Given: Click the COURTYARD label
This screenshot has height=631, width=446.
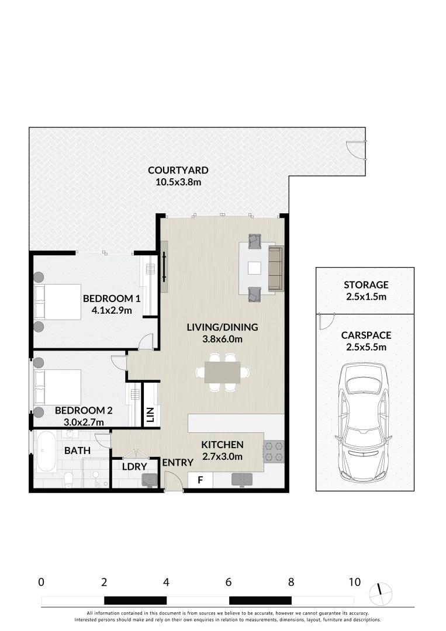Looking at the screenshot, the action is [x=178, y=170].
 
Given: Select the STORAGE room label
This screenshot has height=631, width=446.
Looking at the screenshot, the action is [x=366, y=285].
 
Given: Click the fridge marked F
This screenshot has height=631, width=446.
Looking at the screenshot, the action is [x=200, y=480].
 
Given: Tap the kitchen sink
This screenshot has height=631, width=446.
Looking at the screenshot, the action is [x=241, y=479].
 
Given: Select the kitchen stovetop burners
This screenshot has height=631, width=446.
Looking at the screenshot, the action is [x=274, y=451].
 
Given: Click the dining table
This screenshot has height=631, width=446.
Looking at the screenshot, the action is [x=222, y=372].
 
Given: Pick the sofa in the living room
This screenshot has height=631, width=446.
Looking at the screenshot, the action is [x=276, y=268].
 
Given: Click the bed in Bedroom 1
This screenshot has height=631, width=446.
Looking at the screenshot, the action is [x=57, y=302].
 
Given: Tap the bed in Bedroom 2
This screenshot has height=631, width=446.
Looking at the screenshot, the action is [x=57, y=387].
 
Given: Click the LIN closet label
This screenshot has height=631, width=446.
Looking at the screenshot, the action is [x=151, y=414].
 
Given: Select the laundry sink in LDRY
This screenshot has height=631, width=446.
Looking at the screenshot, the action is [x=150, y=480].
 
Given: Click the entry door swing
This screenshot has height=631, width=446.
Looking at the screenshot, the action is [x=174, y=481].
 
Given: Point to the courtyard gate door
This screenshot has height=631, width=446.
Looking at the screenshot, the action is [x=357, y=150].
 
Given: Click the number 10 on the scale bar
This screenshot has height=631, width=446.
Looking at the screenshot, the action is [x=355, y=582].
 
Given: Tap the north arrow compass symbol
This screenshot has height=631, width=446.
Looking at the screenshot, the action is [x=381, y=594].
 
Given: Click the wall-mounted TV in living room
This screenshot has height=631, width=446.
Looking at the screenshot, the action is [x=164, y=268].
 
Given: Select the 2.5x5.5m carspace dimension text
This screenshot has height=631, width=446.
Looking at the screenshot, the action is [x=367, y=347].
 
